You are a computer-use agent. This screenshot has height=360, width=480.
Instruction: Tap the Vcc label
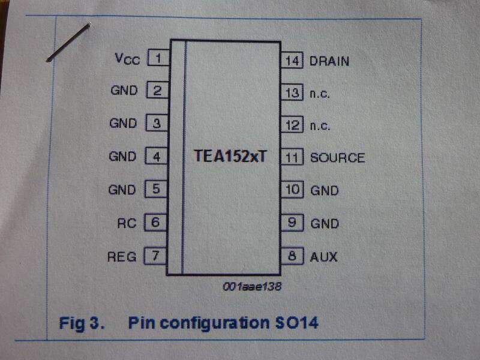127,59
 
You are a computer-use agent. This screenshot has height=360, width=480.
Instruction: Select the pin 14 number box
292,61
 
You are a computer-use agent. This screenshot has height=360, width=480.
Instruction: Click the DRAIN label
329,61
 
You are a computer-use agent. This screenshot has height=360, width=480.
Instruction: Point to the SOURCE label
337,158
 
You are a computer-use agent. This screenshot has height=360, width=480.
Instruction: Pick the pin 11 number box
292,158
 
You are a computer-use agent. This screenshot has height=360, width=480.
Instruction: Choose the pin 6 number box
156,223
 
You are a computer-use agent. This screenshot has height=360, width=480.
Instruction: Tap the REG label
122,257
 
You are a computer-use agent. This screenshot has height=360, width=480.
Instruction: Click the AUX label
323,257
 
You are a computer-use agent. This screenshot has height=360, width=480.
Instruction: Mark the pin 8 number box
292,257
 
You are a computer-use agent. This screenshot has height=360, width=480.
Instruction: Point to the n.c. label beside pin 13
320,94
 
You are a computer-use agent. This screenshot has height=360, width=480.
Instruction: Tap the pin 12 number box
292,126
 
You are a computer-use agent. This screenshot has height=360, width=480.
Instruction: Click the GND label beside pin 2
124,91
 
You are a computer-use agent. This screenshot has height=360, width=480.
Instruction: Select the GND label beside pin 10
324,191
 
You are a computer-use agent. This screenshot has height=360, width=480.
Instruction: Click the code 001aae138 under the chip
251,287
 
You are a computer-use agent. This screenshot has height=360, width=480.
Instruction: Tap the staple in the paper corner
68,42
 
